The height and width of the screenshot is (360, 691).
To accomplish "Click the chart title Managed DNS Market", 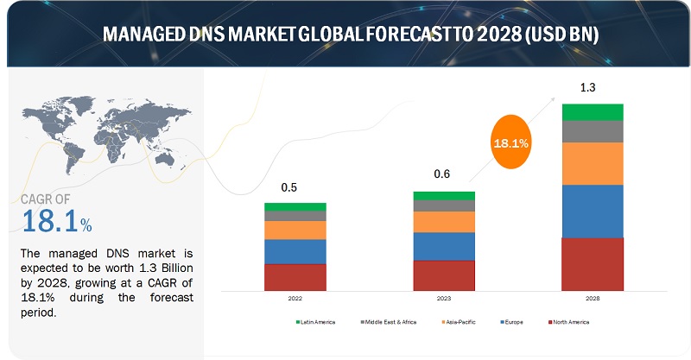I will click(345, 35).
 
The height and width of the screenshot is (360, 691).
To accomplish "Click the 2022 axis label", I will click(295, 299).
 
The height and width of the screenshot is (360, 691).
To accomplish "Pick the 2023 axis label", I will click(444, 299).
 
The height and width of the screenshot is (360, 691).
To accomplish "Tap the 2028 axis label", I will click(593, 299).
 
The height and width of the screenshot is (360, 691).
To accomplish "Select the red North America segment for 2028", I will click(593, 263).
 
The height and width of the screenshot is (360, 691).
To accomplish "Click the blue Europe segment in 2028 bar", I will click(593, 211).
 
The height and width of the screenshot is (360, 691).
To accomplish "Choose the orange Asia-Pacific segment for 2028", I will click(593, 163).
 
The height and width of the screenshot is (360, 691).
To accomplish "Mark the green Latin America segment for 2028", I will click(593, 111).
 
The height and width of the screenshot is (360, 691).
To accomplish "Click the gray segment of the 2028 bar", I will click(593, 131).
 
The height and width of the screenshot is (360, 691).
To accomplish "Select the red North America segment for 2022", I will click(295, 277).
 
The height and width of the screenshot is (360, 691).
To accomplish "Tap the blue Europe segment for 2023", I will click(444, 246).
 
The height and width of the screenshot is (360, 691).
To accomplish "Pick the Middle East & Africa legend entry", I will click(387, 322).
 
